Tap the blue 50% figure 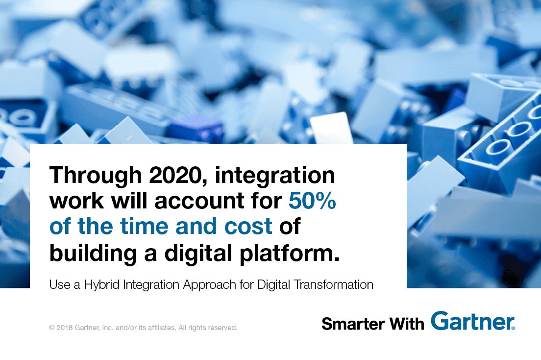click(312, 201)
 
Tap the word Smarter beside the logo click(351, 323)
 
